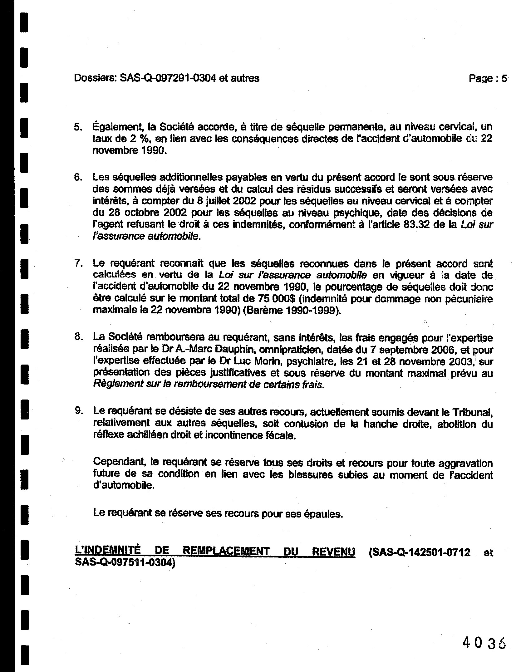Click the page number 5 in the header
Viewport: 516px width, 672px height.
[x=504, y=78]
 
